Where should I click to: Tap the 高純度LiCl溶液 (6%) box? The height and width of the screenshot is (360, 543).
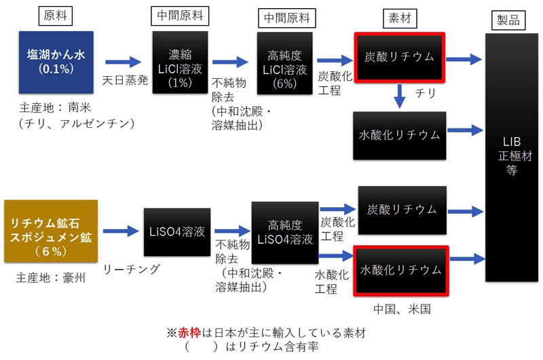point(284,62)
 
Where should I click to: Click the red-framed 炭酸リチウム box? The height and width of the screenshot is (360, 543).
point(400,56)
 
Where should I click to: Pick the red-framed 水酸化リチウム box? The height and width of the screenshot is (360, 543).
point(400,270)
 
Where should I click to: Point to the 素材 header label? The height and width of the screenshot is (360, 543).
point(400,15)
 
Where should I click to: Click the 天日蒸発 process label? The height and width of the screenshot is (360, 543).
point(124,79)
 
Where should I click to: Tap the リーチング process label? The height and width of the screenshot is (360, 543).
point(132,269)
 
